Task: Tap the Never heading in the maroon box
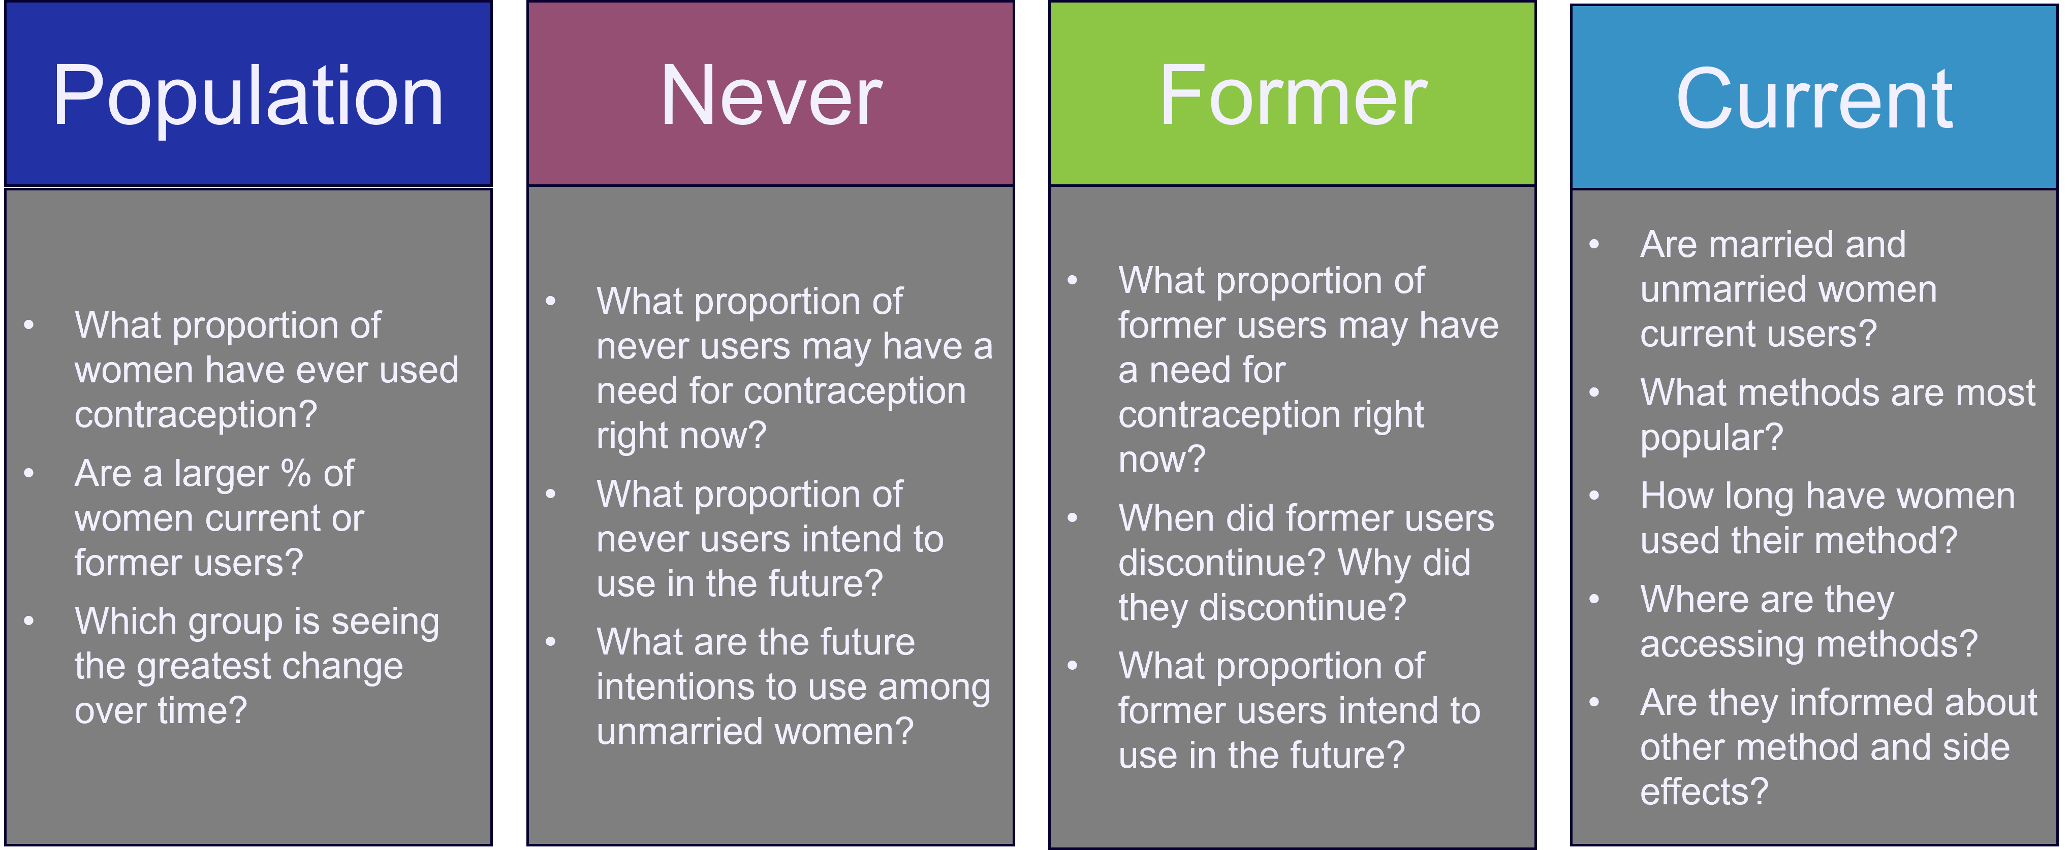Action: pos(771,96)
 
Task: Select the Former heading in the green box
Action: pos(1293,96)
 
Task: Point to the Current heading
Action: pos(1814,99)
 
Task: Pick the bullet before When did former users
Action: pos(1073,518)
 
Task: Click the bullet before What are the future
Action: pos(551,642)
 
